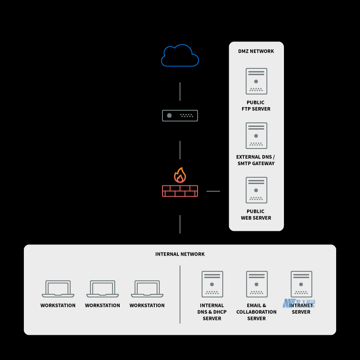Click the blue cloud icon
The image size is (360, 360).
pyautogui.click(x=180, y=56)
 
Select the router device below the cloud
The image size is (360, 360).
pyautogui.click(x=180, y=116)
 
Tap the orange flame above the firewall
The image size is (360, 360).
pyautogui.click(x=180, y=175)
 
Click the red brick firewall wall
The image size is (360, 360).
pyautogui.click(x=180, y=191)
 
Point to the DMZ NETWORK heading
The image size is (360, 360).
pyautogui.click(x=256, y=51)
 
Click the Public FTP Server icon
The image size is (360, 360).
pyautogui.click(x=256, y=81)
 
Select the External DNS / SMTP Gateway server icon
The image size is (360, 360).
pyautogui.click(x=256, y=135)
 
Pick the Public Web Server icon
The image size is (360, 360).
pyautogui.click(x=256, y=190)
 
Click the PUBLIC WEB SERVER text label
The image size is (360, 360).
pyautogui.click(x=256, y=215)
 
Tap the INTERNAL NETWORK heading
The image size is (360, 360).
pyautogui.click(x=180, y=254)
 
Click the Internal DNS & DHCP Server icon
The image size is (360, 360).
pyautogui.click(x=212, y=284)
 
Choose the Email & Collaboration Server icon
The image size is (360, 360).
pyautogui.click(x=256, y=284)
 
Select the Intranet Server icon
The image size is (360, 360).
pyautogui.click(x=301, y=284)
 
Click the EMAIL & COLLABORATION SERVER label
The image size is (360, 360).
pyautogui.click(x=256, y=312)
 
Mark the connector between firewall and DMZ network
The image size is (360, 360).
pyautogui.click(x=213, y=191)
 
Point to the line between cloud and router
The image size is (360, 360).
pyautogui.click(x=180, y=91)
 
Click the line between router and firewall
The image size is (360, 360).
pyautogui.click(x=180, y=150)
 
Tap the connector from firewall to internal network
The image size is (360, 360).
pyautogui.click(x=180, y=224)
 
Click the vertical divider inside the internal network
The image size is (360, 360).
pyautogui.click(x=180, y=294)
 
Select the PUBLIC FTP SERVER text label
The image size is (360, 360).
pyautogui.click(x=256, y=106)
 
